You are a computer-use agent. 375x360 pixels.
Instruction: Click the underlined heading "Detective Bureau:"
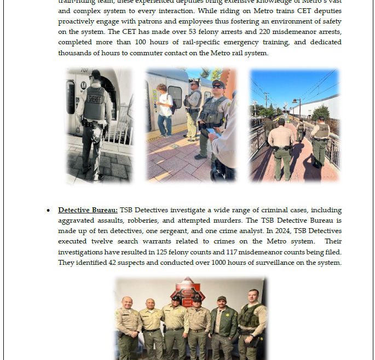(88, 210)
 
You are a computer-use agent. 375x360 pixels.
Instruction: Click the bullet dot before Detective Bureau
(49, 211)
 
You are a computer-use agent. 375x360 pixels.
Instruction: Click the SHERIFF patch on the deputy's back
(95, 100)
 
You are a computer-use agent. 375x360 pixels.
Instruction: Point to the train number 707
(84, 71)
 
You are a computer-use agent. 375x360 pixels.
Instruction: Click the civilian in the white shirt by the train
(164, 109)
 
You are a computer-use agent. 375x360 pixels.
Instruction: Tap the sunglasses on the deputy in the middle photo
(217, 86)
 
